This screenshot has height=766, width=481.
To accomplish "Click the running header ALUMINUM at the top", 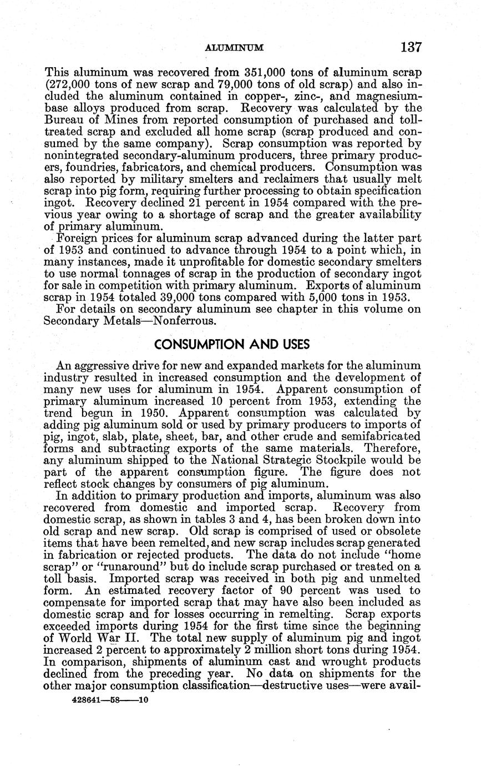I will (234, 48).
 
